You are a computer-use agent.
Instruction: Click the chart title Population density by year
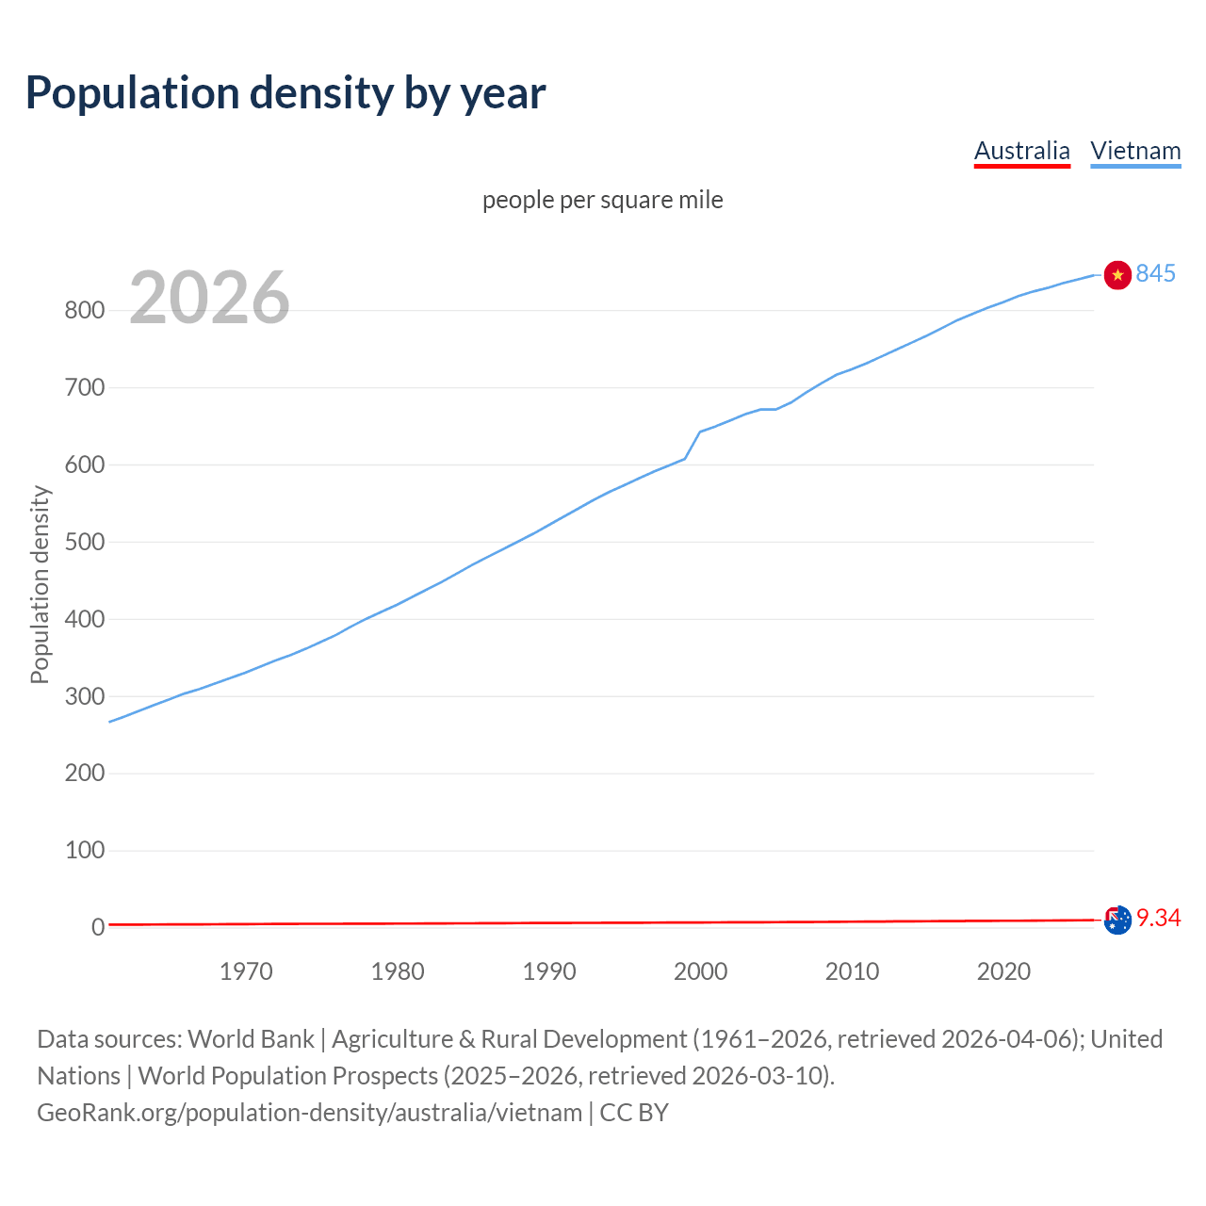click(285, 93)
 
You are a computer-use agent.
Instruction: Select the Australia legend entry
click(1021, 151)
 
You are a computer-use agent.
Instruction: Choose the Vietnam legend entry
click(1135, 151)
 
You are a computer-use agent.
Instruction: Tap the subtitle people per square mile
click(603, 200)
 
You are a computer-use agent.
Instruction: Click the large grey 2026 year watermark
click(209, 298)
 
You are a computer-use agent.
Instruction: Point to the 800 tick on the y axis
click(84, 311)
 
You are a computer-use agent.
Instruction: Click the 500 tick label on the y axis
click(84, 543)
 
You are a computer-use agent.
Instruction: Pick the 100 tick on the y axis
click(84, 851)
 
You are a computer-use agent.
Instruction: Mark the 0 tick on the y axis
click(98, 928)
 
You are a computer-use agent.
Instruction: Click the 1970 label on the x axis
click(246, 971)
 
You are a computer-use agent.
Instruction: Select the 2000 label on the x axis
click(700, 971)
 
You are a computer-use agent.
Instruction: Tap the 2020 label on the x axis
click(1003, 971)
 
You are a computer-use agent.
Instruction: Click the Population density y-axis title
click(40, 584)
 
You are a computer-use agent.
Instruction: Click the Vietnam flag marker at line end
click(1117, 274)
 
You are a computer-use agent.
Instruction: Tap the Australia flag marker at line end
click(1117, 920)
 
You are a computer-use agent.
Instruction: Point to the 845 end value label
click(1156, 273)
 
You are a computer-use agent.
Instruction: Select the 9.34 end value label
click(1159, 919)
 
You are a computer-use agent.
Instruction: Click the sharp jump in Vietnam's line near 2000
click(693, 445)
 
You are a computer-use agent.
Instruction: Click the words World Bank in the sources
click(251, 1039)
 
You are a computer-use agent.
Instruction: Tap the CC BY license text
click(634, 1113)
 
